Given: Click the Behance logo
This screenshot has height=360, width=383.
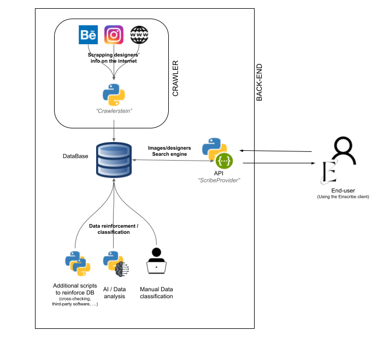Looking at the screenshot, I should (x=88, y=35).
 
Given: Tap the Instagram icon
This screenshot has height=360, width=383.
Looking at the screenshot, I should (x=114, y=35).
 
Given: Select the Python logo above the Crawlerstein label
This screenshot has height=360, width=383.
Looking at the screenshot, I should (x=114, y=94).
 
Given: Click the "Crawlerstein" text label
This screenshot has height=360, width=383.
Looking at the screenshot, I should (x=114, y=111).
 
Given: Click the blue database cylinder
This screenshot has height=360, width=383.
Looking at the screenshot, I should (x=114, y=160).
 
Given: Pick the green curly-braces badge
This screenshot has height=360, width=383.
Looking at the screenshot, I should (x=224, y=161).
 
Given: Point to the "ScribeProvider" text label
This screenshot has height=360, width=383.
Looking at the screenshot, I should (x=219, y=180).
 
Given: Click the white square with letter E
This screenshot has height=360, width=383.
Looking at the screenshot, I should (x=329, y=172).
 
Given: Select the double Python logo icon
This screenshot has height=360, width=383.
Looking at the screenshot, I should (x=78, y=263).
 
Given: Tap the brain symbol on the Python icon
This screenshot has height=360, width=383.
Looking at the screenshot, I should (x=122, y=269).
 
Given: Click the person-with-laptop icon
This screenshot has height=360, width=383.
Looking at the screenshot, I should (x=156, y=261).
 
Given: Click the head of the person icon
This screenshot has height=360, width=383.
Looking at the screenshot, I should (x=156, y=252).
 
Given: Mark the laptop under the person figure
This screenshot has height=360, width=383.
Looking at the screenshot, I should (x=156, y=268).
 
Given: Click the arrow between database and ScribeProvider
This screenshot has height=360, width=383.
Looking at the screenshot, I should (x=172, y=160).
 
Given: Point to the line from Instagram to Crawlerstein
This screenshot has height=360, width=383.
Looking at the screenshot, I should (x=114, y=60).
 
